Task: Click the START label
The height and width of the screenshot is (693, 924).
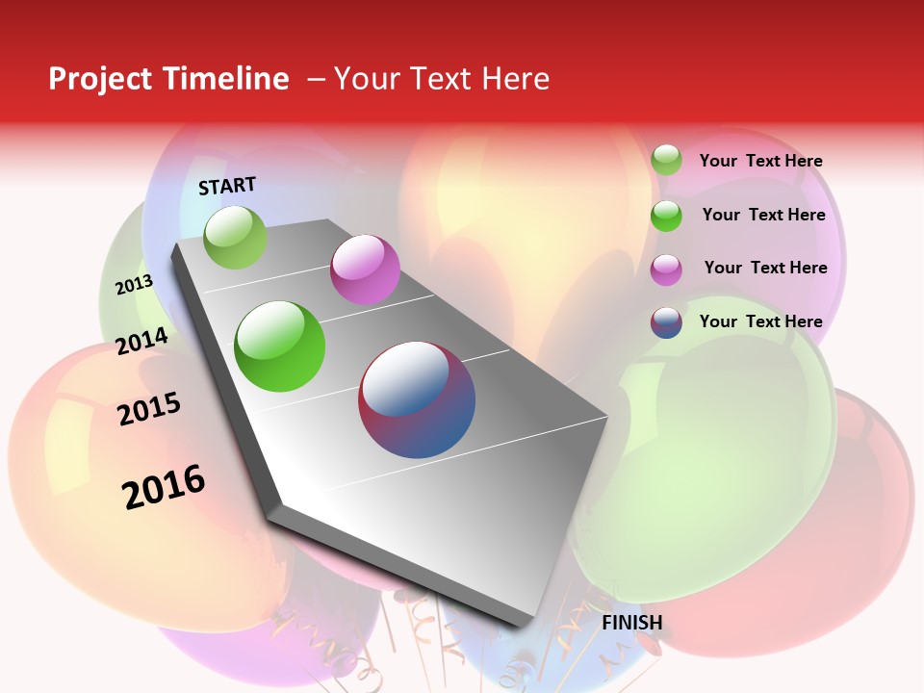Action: pyautogui.click(x=227, y=186)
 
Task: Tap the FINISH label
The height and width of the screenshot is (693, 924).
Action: pyautogui.click(x=632, y=623)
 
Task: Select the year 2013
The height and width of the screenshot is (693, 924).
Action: pyautogui.click(x=134, y=285)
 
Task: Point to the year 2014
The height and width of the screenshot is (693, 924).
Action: pyautogui.click(x=142, y=341)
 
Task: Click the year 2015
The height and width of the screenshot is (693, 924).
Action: pyautogui.click(x=149, y=409)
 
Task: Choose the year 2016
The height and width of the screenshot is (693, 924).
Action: pyautogui.click(x=164, y=487)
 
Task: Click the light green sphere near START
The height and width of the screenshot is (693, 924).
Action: pyautogui.click(x=235, y=237)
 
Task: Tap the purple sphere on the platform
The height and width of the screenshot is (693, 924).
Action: pyautogui.click(x=365, y=269)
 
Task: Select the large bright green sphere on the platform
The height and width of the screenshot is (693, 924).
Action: pyautogui.click(x=280, y=346)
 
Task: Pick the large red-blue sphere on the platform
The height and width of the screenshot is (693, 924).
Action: pyautogui.click(x=417, y=399)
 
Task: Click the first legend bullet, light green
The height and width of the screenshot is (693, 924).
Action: pyautogui.click(x=666, y=160)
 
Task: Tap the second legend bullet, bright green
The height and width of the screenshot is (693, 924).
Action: pyautogui.click(x=666, y=216)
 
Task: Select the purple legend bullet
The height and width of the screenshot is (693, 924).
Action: pyautogui.click(x=666, y=269)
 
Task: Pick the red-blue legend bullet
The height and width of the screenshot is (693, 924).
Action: pyautogui.click(x=666, y=322)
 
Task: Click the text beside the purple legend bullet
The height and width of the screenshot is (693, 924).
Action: pyautogui.click(x=765, y=268)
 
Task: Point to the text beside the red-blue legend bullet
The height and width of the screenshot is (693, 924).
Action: pyautogui.click(x=761, y=321)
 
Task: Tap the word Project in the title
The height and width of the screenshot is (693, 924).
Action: pyautogui.click(x=98, y=79)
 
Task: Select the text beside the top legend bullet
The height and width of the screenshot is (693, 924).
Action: pyautogui.click(x=761, y=161)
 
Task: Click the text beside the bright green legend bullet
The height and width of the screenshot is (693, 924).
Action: pyautogui.click(x=763, y=215)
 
